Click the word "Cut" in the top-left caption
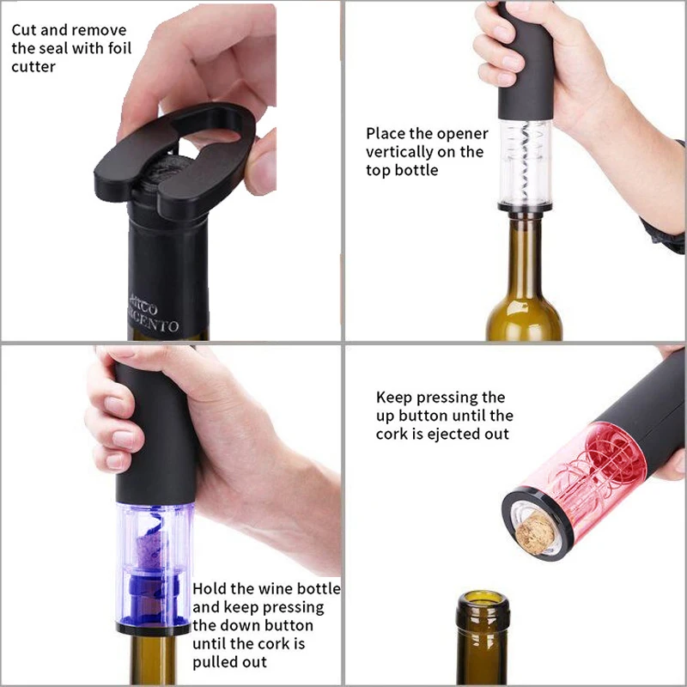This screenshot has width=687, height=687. [25, 30]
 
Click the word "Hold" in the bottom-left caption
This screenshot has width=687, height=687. [210, 589]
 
